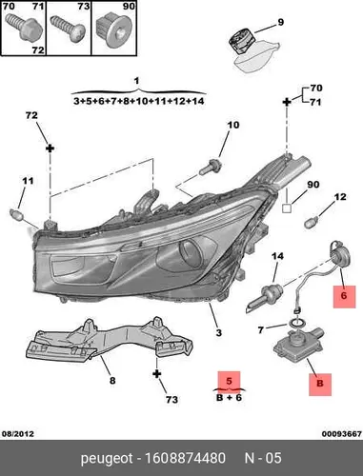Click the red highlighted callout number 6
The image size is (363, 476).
[x=344, y=296]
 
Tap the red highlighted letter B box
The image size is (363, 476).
[x=320, y=385]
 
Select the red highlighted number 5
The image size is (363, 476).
[x=229, y=381]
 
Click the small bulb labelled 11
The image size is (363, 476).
[x=16, y=214]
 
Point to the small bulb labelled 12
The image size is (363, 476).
[x=312, y=222]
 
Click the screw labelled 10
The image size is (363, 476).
[x=211, y=168]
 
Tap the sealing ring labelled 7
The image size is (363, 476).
[x=297, y=324]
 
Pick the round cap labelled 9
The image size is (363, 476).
[x=242, y=41]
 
